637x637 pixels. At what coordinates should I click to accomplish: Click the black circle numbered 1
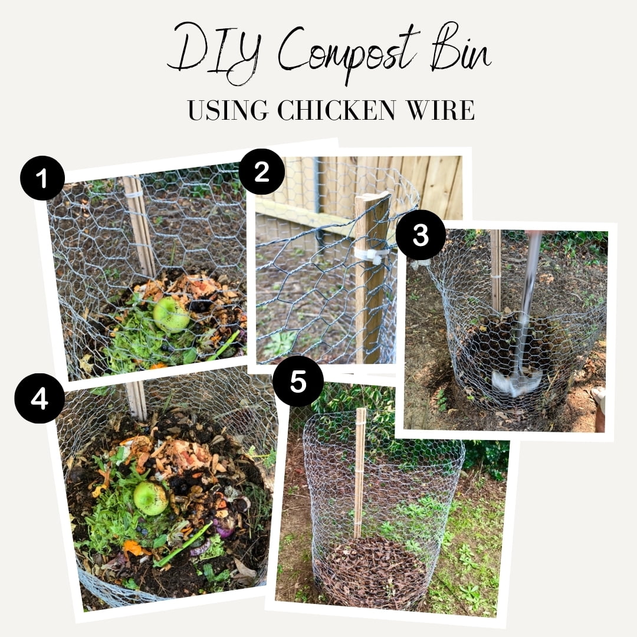point(42,178)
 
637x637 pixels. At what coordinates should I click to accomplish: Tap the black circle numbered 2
point(262,172)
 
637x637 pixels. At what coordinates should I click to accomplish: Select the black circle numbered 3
point(421,235)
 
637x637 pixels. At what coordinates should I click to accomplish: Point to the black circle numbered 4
point(40,399)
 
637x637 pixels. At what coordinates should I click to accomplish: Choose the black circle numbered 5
point(298,381)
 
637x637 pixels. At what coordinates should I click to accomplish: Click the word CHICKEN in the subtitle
point(336,110)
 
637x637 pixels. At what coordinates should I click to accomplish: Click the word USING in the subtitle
point(228,110)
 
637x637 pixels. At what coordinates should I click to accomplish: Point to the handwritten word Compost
point(345,55)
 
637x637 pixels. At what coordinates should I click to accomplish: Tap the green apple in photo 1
point(171,314)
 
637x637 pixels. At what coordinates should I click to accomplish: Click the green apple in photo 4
point(151,498)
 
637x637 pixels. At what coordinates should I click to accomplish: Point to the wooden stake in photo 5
point(359,473)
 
